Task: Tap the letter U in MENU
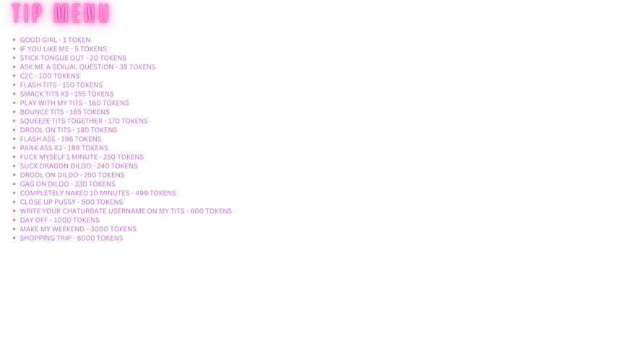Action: pyautogui.click(x=104, y=14)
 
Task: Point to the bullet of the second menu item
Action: pyautogui.click(x=14, y=44)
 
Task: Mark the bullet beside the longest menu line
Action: pyautogui.click(x=14, y=212)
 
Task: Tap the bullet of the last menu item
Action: pyautogui.click(x=14, y=238)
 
